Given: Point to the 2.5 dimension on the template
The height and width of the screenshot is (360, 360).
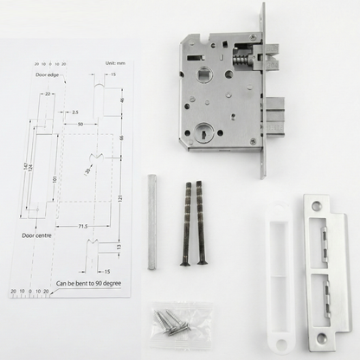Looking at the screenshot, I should pos(76,112).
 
